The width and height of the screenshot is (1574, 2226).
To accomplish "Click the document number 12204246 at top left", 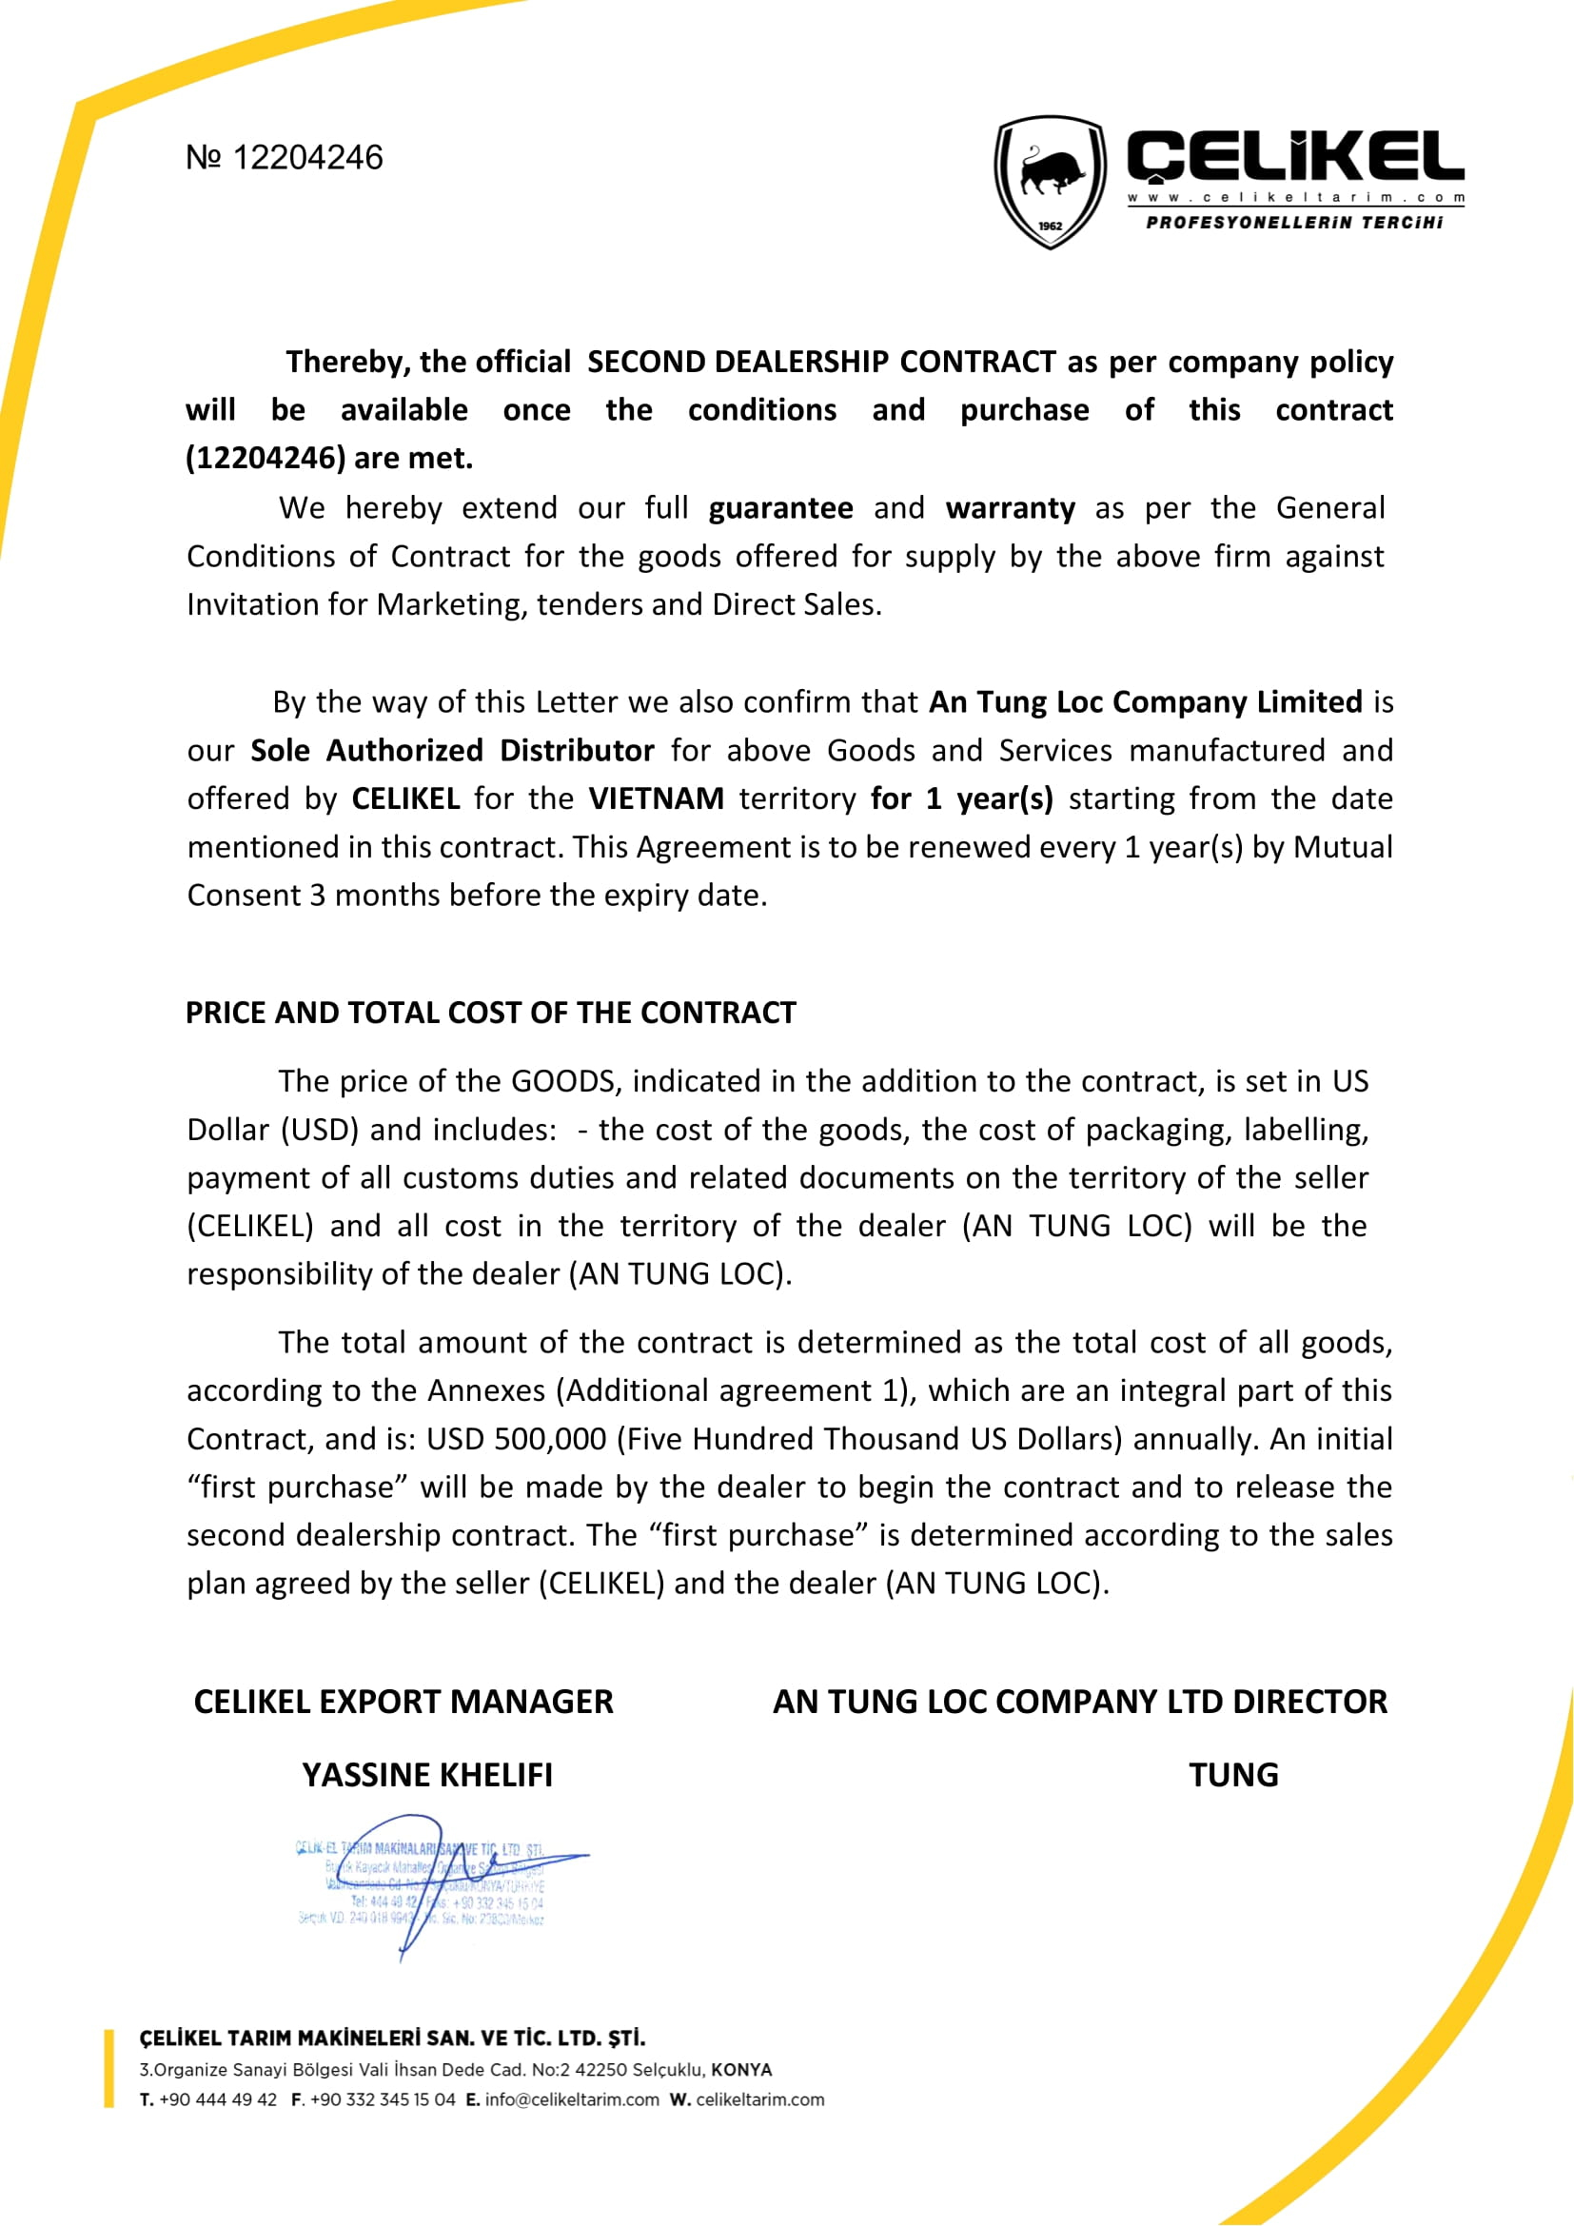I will (307, 157).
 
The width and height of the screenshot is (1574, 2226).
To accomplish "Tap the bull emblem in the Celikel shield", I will (1051, 173).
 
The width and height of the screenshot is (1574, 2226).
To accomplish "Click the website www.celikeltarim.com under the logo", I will (1295, 198).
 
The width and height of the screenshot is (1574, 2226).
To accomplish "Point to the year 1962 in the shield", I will (1051, 226).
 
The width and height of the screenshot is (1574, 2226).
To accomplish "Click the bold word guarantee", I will (780, 508).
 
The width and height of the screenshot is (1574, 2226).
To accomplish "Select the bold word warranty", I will (1010, 508).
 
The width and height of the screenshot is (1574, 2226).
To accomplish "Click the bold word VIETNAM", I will (657, 798).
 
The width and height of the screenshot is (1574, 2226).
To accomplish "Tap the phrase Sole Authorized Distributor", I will (452, 750).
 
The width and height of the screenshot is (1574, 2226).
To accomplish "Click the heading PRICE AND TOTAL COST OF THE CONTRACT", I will (490, 1013).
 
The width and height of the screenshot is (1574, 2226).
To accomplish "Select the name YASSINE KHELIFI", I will (427, 1775).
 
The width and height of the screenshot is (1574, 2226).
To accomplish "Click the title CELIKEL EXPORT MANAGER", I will (403, 1702).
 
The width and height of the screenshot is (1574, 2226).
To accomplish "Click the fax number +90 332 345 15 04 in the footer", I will (382, 2100).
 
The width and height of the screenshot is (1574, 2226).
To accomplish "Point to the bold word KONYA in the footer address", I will (741, 2070).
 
